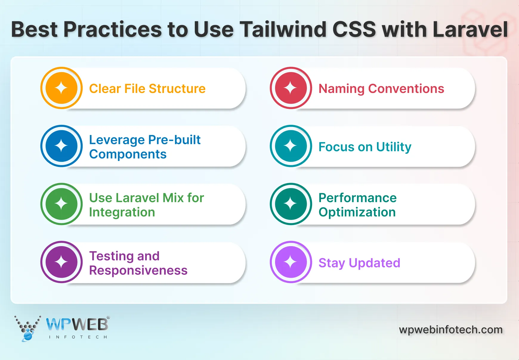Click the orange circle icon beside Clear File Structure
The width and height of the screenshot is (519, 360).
(61, 88)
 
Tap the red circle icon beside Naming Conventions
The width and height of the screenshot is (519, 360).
(291, 88)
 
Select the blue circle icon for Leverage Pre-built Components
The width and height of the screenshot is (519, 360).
(61, 146)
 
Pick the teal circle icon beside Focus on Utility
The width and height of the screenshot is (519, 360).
(291, 146)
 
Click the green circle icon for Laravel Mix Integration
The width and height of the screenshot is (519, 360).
(61, 204)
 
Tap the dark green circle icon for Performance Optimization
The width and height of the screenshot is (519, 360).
(291, 204)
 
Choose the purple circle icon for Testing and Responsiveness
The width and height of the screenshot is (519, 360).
(61, 262)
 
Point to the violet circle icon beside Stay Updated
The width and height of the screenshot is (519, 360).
(291, 262)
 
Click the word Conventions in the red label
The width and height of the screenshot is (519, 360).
(406, 89)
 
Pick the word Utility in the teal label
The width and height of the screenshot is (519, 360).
(394, 147)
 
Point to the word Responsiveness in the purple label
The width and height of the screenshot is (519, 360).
(138, 271)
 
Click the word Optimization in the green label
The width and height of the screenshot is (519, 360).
(357, 212)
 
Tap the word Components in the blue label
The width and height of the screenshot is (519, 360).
(128, 154)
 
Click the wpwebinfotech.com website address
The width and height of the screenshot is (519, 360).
(451, 330)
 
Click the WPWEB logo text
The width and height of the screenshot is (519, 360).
(77, 325)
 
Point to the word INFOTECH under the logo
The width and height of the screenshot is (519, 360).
(78, 337)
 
